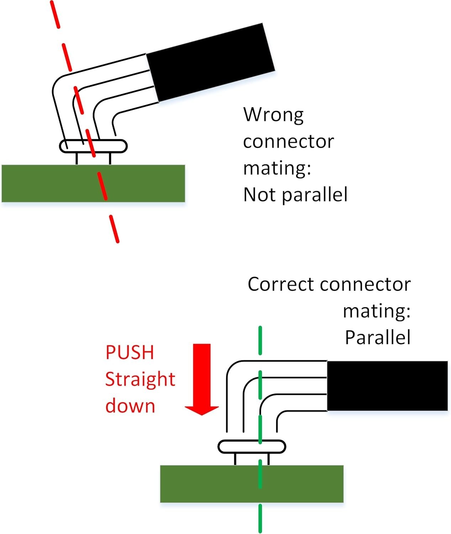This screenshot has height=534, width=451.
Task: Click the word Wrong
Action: coord(273,115)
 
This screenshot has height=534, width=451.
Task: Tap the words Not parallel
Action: coord(295,195)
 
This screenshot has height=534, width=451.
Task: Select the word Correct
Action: coord(281,284)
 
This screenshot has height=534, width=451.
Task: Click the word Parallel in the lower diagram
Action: coord(378,337)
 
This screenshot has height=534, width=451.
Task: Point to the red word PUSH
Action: coord(130,352)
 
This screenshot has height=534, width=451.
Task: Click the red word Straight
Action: coord(140,379)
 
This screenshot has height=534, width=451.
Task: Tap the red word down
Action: coord(130,406)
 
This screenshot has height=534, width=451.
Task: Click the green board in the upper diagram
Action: coord(53,183)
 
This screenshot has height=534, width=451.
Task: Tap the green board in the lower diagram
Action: coord(214,484)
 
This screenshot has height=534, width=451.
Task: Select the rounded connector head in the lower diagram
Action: coord(235,447)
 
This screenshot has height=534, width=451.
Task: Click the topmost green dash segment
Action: coord(260,340)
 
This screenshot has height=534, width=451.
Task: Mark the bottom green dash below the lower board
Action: coord(260,518)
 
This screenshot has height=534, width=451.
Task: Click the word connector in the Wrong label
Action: coord(288,142)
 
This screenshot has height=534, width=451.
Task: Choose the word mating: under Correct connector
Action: coord(377,311)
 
